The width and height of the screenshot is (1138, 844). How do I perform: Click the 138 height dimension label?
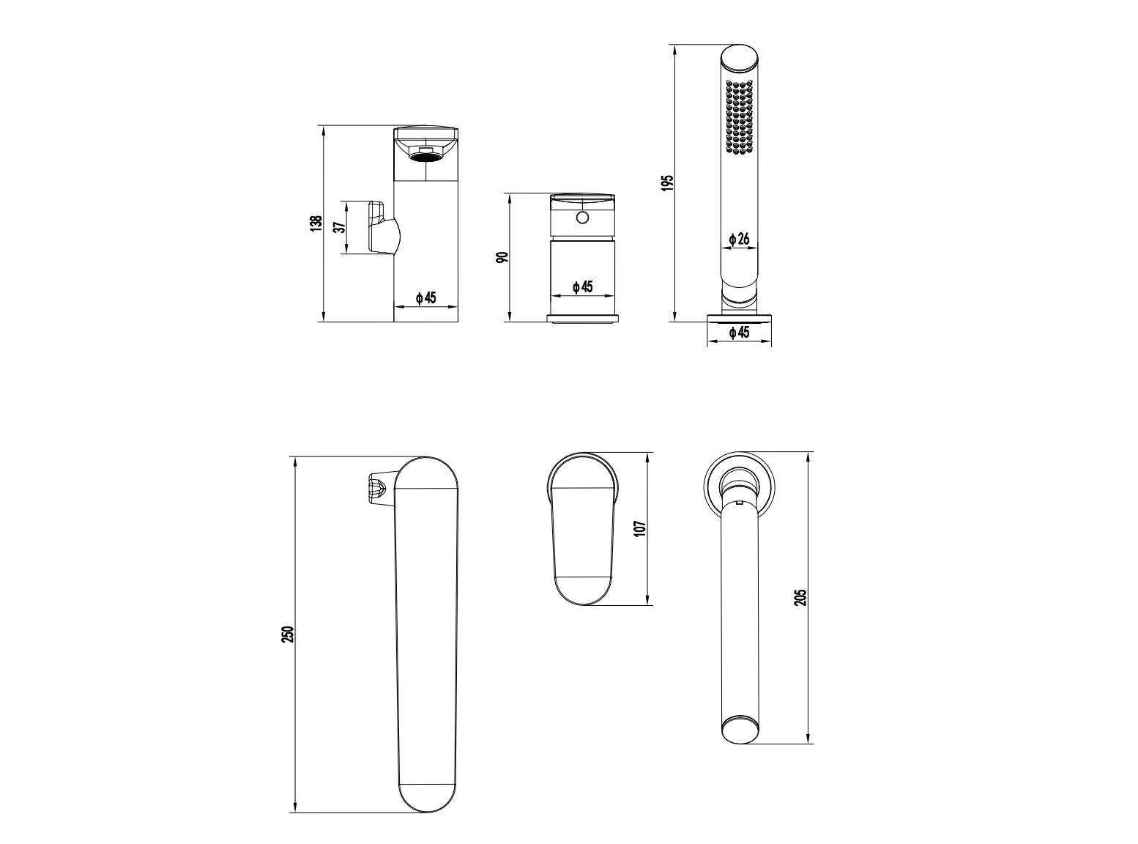(316, 223)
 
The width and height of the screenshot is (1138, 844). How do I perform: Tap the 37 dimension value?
(340, 227)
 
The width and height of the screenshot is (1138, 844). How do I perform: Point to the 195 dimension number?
(667, 183)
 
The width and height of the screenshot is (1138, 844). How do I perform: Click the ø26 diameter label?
(740, 239)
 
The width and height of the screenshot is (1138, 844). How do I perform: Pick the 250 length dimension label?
(288, 634)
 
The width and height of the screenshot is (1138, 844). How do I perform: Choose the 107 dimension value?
(640, 529)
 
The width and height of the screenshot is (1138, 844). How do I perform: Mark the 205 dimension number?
(800, 597)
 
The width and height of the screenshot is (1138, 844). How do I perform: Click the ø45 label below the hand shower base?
(740, 333)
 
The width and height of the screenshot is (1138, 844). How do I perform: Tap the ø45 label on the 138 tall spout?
(426, 297)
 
